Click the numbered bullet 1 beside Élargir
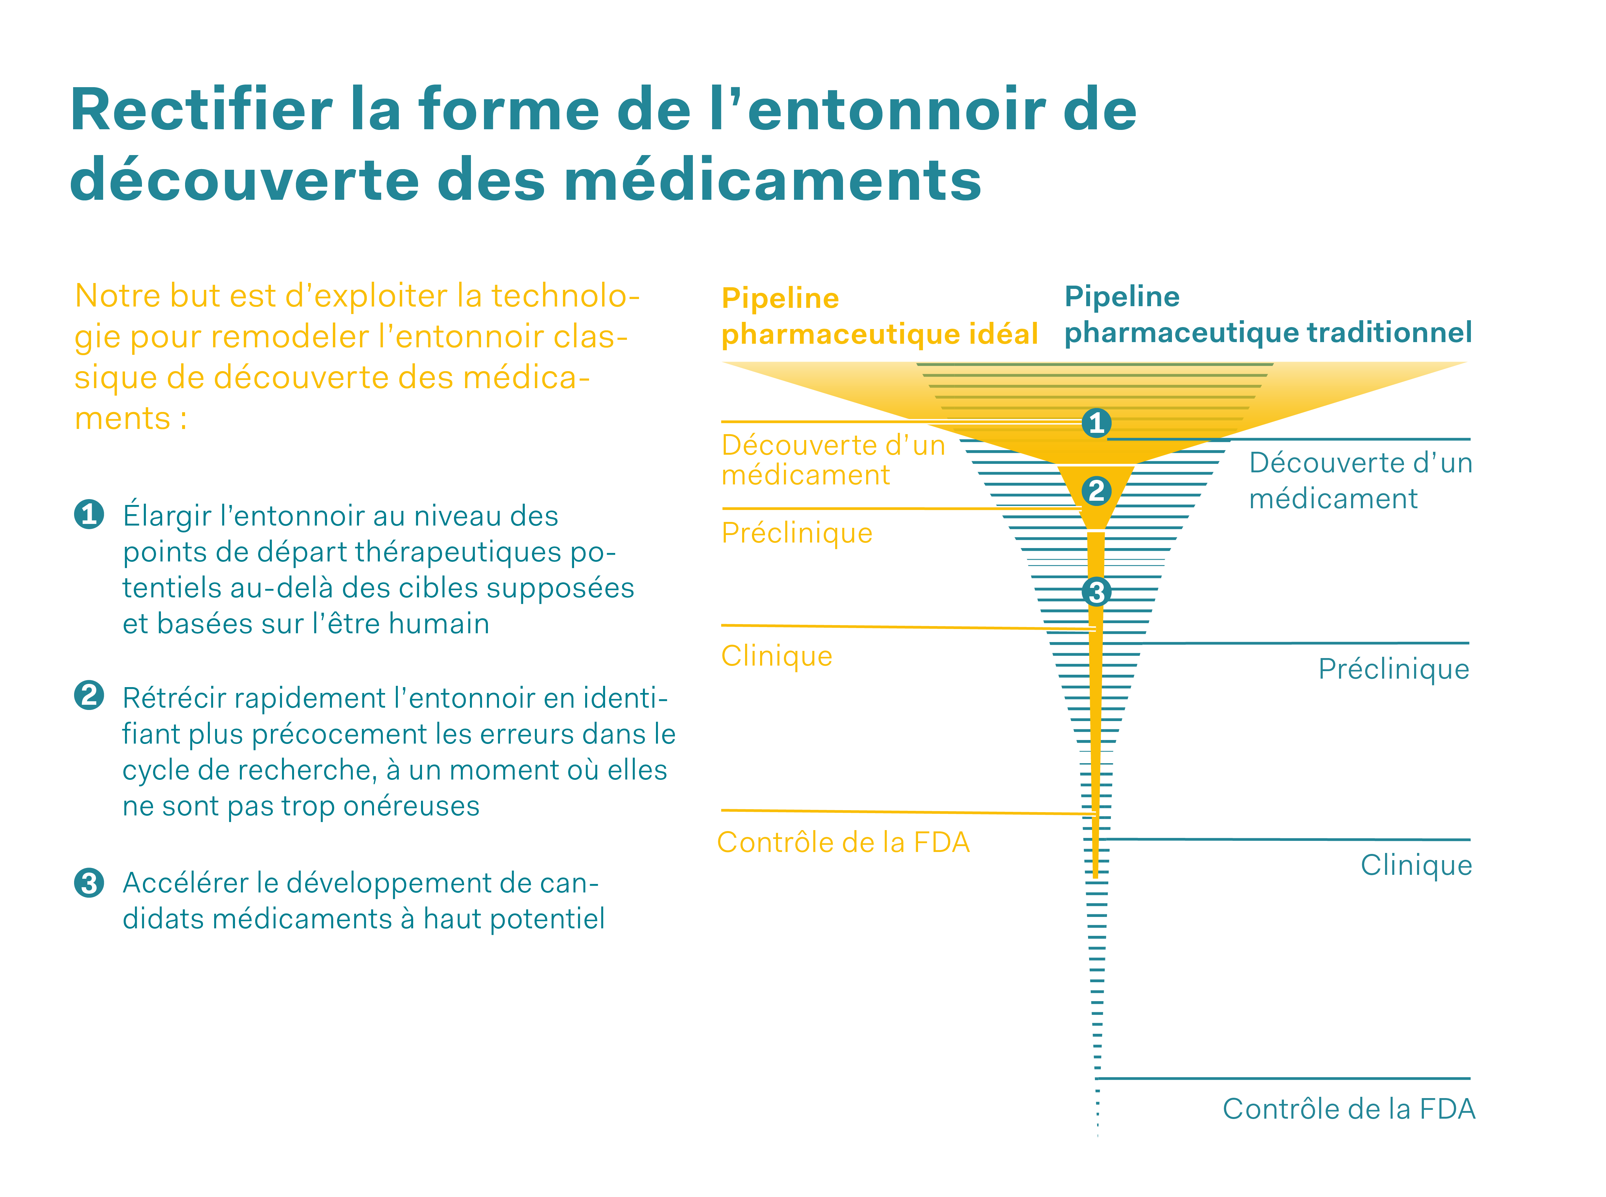[x=89, y=514]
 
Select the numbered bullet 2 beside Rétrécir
[x=89, y=696]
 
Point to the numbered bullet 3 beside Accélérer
[x=89, y=883]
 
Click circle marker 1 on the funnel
[x=1096, y=422]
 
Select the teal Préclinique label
[x=1393, y=669]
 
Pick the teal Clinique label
[x=1415, y=865]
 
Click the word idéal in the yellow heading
[x=1006, y=334]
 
